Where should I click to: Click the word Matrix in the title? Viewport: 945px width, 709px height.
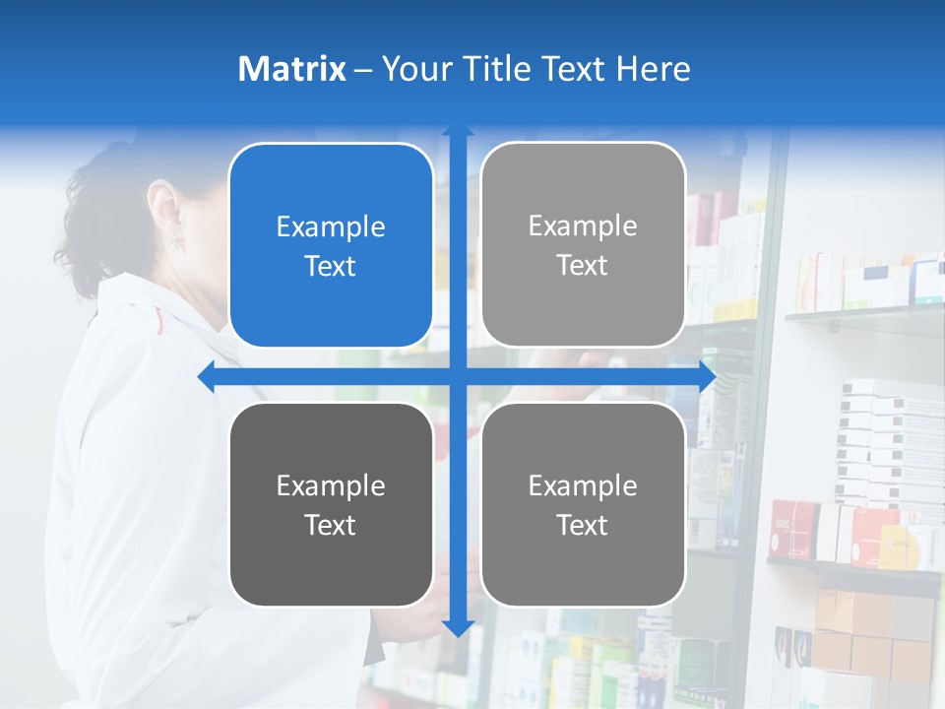tap(292, 69)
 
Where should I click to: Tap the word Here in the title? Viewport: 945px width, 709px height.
tap(654, 69)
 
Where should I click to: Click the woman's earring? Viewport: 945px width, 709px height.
tap(178, 242)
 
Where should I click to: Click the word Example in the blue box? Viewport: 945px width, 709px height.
tap(331, 227)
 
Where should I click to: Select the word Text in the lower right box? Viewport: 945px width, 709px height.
tap(583, 525)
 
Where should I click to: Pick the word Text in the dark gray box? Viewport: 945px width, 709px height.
tap(331, 525)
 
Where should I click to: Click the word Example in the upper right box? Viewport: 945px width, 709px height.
tap(583, 226)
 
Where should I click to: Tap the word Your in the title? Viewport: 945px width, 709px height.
tap(413, 69)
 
